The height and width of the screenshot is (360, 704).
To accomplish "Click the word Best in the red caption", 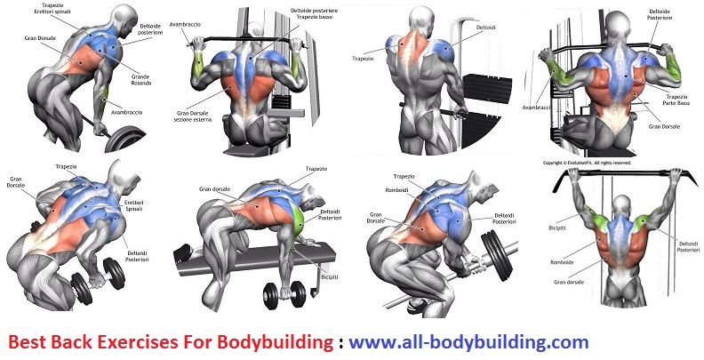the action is click(28, 341).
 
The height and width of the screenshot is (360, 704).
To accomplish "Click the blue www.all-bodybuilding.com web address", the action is click(468, 341).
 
